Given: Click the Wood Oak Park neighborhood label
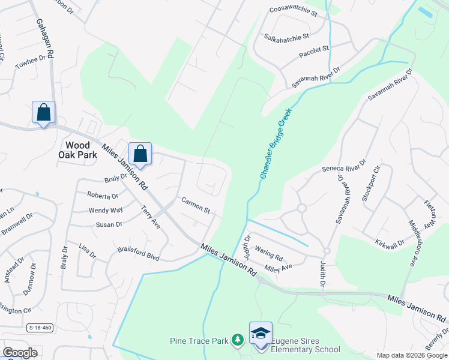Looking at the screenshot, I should click(x=77, y=150).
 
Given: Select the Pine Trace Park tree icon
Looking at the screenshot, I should click(x=238, y=341).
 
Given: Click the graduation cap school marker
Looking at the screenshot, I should click(x=261, y=334).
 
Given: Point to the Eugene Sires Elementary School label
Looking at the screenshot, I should click(x=305, y=344).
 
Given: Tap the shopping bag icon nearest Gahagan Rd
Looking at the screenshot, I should click(x=43, y=112).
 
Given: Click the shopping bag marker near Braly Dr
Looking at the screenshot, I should click(x=140, y=154).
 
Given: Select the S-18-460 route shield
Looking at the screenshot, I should click(x=40, y=328).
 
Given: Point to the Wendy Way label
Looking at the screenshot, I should click(x=106, y=210).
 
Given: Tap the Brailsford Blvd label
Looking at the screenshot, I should click(x=138, y=253).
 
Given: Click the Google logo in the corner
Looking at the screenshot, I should click(x=20, y=352).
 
